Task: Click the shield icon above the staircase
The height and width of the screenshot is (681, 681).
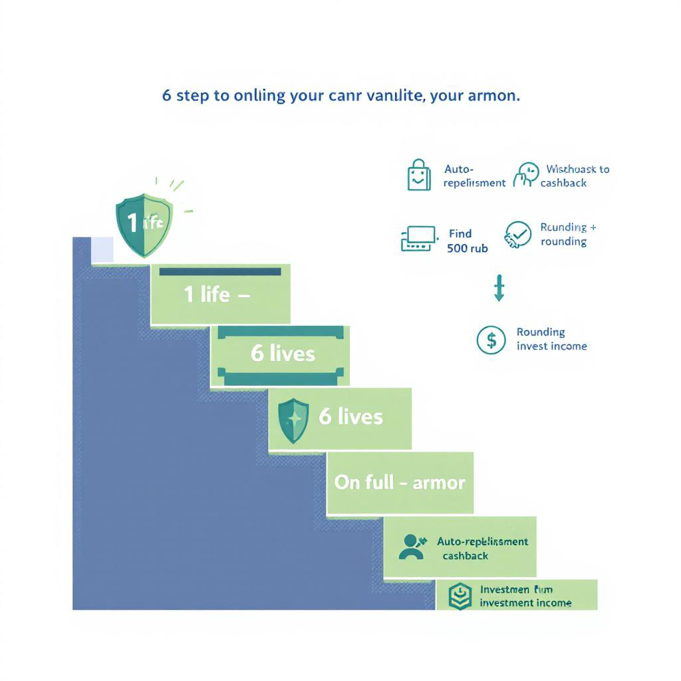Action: tap(144, 224)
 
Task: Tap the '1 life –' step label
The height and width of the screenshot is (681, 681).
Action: tap(217, 295)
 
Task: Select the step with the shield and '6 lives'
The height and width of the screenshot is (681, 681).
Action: tap(340, 418)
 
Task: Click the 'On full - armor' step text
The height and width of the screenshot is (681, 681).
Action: tap(400, 482)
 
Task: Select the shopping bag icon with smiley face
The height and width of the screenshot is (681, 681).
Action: tap(419, 175)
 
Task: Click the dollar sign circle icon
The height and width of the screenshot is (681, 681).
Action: tap(491, 340)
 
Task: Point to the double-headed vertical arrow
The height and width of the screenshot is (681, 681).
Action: tap(499, 288)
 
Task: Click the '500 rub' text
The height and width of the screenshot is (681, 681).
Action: tap(468, 248)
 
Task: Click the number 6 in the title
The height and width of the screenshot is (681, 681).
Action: tap(166, 95)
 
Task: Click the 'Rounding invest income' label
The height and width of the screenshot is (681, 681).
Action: tap(551, 339)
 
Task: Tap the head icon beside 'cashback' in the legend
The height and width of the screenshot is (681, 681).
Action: tap(526, 175)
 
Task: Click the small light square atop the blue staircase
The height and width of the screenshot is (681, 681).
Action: tap(102, 249)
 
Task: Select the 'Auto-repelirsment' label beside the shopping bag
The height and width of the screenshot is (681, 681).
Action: tap(474, 176)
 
